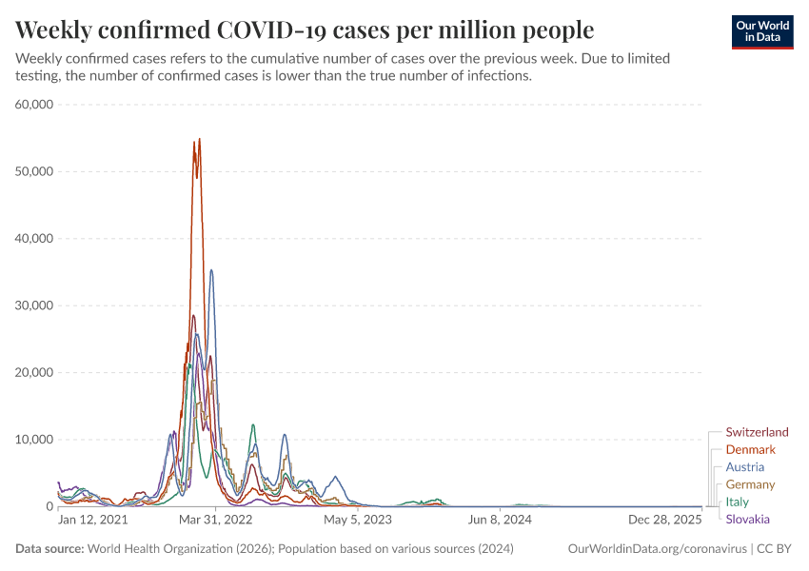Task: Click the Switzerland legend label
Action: pos(757,432)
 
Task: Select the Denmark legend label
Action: pos(750,449)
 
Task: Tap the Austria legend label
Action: pos(744,467)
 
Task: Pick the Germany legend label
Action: pos(750,484)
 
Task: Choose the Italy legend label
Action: pos(737,502)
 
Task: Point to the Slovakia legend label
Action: pos(747,519)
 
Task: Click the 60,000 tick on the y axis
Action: pos(35,104)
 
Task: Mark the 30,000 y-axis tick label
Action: pos(35,305)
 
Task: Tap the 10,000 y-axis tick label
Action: pos(35,440)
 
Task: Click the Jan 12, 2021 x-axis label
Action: pos(92,521)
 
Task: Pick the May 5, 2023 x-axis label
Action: pos(357,521)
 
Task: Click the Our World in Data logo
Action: pos(762,30)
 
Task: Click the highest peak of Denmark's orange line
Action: pos(199,140)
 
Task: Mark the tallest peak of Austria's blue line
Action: pos(211,270)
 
